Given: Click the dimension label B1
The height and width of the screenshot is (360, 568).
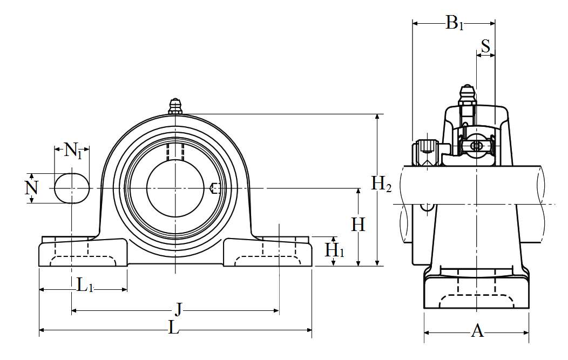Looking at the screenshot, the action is [x=454, y=23].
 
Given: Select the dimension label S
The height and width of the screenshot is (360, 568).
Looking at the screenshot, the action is [x=485, y=46].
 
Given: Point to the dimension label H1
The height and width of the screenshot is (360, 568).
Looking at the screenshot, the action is [x=334, y=250].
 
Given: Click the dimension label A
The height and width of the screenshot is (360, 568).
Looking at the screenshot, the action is [x=477, y=330].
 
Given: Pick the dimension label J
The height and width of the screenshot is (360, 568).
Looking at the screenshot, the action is [x=178, y=310].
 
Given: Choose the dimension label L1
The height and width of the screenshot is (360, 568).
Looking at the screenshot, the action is [x=85, y=285].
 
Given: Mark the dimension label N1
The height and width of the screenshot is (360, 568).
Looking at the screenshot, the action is [x=73, y=150].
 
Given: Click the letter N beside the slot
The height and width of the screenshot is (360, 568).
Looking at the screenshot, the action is [x=31, y=188].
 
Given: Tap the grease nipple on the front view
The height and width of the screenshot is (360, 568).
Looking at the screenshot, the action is [x=175, y=106].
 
